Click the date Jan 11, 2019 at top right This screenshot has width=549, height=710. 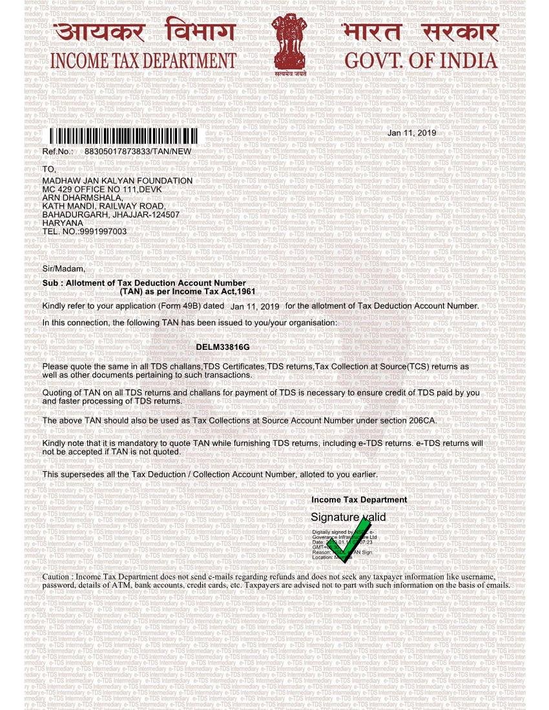tap(411, 133)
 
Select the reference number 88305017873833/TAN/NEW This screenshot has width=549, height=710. tap(138, 151)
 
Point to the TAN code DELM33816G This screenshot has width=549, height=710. tap(222, 347)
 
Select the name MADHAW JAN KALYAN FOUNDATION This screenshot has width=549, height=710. tap(117, 181)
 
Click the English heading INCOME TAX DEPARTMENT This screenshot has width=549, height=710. tap(143, 61)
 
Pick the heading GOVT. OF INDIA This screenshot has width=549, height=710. tap(421, 61)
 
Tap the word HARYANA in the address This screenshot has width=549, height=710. tap(63, 223)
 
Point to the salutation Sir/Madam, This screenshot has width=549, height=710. tap(63, 269)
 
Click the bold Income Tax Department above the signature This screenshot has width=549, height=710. tap(359, 500)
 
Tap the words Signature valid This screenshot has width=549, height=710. tap(348, 517)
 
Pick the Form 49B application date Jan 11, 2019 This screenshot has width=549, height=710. tap(254, 307)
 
